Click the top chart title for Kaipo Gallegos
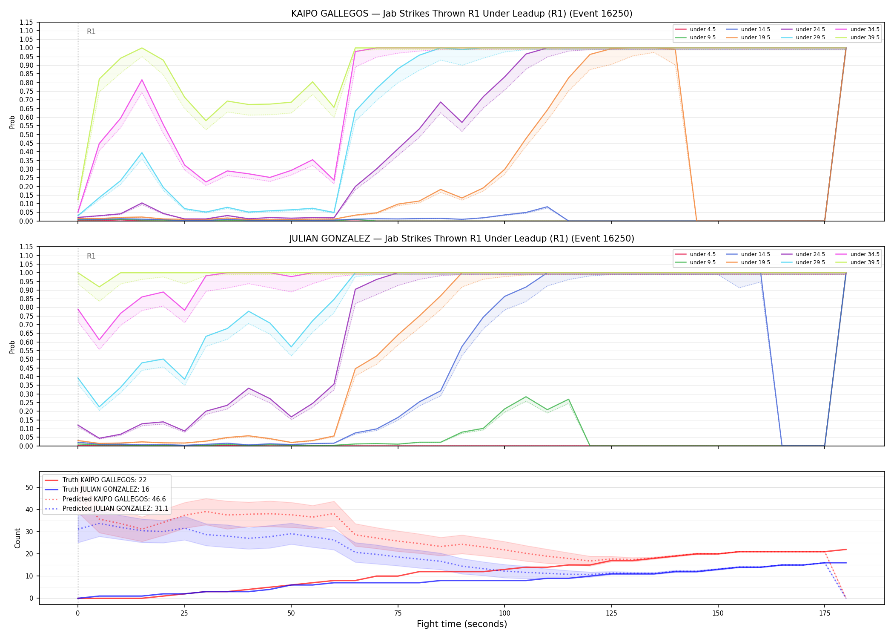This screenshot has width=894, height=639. [x=461, y=14]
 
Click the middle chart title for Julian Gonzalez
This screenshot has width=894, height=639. [x=461, y=239]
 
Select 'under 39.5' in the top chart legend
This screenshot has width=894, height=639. [x=865, y=37]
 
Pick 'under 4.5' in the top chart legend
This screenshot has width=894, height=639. [x=702, y=29]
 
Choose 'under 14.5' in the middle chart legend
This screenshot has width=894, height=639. [x=755, y=254]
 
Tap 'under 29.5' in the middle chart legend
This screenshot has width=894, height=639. [x=810, y=262]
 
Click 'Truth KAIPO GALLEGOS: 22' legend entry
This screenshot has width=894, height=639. [x=104, y=480]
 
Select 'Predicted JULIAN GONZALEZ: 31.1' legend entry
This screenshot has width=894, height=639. [x=115, y=509]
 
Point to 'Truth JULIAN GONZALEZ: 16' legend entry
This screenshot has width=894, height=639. [x=106, y=489]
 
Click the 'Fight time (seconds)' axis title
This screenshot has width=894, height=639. [x=462, y=624]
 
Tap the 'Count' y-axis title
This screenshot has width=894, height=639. [x=17, y=538]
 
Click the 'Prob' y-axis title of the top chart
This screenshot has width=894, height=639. [x=12, y=122]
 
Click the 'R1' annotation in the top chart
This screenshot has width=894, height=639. [x=91, y=32]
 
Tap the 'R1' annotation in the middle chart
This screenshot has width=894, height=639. [x=91, y=256]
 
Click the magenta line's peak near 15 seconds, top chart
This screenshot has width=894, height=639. [x=142, y=80]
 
